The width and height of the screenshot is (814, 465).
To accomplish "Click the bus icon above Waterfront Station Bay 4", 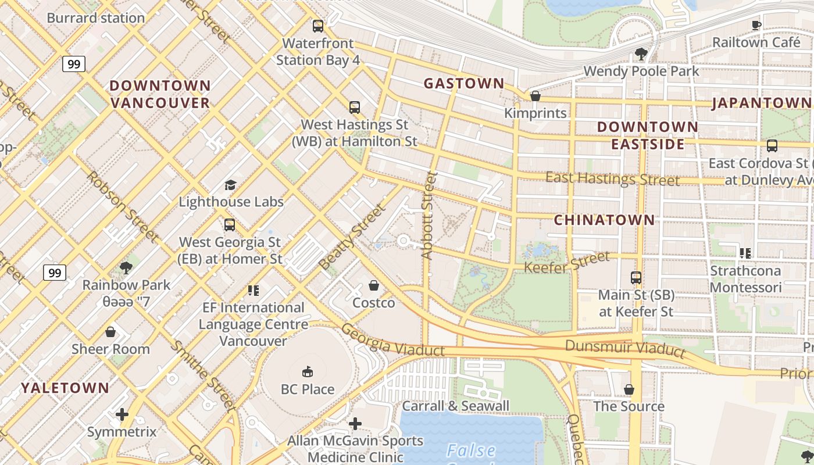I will click(317, 26).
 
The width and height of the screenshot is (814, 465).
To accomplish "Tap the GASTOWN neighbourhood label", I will click(463, 84).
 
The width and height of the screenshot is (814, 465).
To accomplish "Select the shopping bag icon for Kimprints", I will click(535, 96).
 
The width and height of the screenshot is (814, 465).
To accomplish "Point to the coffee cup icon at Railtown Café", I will click(756, 25).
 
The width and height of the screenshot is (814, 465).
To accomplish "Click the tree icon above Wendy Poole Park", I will click(641, 54).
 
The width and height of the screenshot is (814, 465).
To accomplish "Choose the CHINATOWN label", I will click(604, 220).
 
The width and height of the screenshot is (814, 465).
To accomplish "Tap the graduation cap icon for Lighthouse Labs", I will click(231, 185).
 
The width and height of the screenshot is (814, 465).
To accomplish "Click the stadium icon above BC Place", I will click(308, 372).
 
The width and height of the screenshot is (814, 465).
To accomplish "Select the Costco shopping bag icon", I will click(374, 285).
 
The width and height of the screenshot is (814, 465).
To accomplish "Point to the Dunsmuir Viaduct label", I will click(625, 348).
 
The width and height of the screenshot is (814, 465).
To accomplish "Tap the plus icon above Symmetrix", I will click(122, 414).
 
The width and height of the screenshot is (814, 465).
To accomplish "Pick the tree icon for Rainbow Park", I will click(126, 268).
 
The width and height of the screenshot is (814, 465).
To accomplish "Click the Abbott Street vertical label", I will click(429, 215).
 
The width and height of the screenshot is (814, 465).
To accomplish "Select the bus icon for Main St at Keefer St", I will click(636, 278).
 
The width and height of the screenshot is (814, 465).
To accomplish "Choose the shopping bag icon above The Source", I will click(629, 389).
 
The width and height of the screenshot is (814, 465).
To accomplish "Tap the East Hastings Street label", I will click(612, 179).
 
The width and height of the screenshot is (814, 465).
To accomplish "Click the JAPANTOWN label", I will click(761, 103).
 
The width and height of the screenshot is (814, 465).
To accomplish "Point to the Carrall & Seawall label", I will click(455, 406).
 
